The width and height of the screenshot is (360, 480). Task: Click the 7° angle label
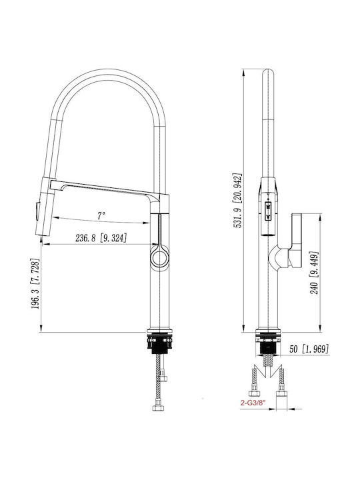[x=101, y=215]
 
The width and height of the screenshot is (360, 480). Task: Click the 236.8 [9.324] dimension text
[x=101, y=238]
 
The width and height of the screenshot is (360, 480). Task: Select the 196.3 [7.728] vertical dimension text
[x=35, y=283]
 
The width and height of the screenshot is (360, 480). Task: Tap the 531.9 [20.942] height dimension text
[x=238, y=201]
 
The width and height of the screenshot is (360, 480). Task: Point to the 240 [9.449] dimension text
[x=315, y=273]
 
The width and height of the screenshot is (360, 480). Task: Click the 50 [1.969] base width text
[x=309, y=349]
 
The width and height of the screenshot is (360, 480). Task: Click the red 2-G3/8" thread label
[x=253, y=403]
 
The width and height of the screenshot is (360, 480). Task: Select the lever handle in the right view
[x=296, y=241]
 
